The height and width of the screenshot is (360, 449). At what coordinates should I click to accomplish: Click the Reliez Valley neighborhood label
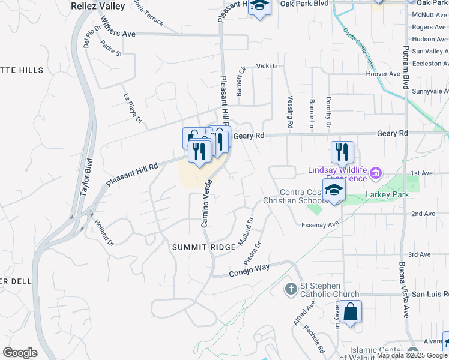click(x=97, y=6)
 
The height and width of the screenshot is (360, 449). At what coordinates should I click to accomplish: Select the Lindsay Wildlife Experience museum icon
click(x=376, y=174)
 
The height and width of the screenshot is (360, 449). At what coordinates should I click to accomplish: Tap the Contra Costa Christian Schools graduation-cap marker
click(x=334, y=190)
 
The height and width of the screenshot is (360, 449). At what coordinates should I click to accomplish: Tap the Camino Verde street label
click(x=206, y=203)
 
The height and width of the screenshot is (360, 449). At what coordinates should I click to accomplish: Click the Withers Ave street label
click(x=119, y=34)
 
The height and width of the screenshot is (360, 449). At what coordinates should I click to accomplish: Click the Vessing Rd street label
click(x=289, y=112)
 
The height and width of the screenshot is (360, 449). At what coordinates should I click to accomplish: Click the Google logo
click(x=20, y=352)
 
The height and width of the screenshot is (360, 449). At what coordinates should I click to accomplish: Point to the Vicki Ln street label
click(x=268, y=66)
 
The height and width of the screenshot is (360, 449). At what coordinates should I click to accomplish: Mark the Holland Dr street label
click(x=103, y=233)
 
